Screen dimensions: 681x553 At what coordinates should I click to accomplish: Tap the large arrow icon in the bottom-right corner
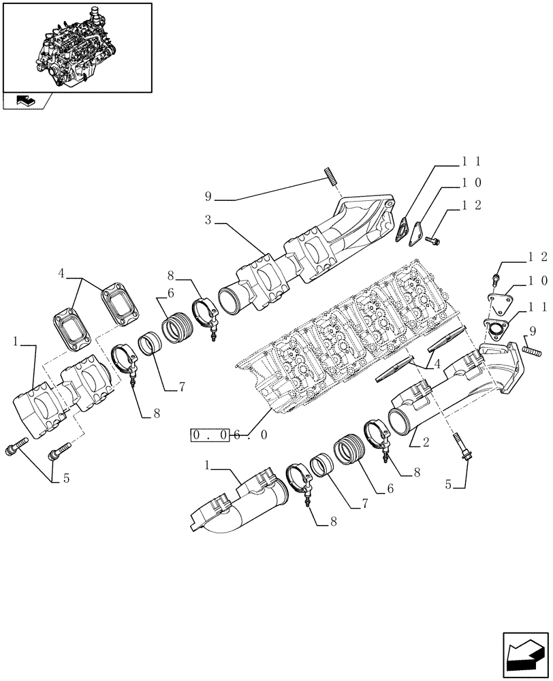pyautogui.click(x=524, y=654)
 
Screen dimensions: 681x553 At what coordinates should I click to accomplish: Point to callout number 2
pyautogui.click(x=425, y=443)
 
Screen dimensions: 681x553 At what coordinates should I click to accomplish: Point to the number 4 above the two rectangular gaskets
pyautogui.click(x=61, y=274)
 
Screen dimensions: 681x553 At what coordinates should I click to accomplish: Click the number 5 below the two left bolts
pyautogui.click(x=66, y=478)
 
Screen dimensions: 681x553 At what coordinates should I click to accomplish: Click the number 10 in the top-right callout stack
pyautogui.click(x=472, y=183)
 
